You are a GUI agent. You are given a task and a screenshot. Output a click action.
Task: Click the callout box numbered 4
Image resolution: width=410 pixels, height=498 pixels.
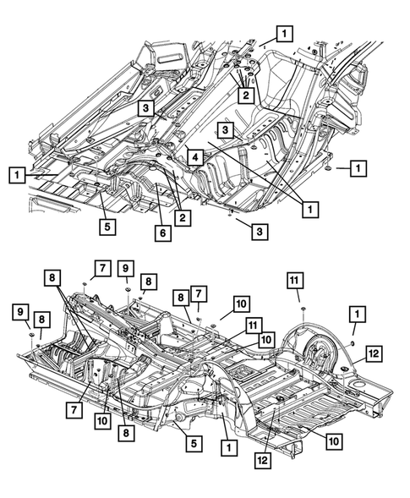(195, 157)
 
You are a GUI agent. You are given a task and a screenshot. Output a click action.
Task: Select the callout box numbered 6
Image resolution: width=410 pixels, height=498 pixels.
(162, 233)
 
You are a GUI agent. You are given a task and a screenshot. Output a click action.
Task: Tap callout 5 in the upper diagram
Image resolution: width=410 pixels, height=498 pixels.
(107, 227)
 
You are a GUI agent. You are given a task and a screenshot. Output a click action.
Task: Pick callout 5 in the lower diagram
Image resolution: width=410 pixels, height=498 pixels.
(194, 443)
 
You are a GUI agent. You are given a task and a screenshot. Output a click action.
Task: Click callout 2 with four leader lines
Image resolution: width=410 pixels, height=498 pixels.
(245, 95)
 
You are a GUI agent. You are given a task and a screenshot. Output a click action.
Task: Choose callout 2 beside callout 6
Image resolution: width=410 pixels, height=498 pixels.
(183, 217)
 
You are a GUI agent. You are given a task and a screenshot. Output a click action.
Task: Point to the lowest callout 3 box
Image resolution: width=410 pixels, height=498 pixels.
(260, 232)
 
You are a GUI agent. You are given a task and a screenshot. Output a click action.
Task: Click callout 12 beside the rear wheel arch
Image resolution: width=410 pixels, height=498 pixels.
(374, 353)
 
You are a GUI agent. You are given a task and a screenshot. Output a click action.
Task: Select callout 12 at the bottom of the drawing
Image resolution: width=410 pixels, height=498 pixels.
(263, 460)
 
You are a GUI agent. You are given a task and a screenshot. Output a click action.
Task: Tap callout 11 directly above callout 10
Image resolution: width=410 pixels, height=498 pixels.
(253, 326)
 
